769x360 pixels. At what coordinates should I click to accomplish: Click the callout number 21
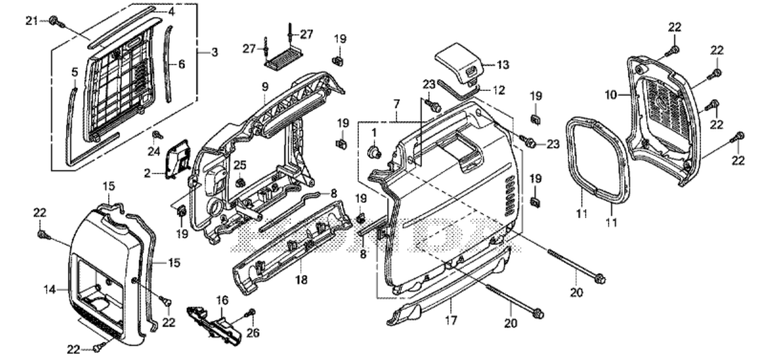(31, 20)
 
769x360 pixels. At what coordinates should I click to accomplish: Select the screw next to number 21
(55, 20)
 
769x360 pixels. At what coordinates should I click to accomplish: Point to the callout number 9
(264, 99)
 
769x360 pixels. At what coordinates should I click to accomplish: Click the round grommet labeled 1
(375, 152)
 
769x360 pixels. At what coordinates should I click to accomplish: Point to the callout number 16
(222, 298)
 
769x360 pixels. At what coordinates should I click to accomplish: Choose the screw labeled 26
(251, 312)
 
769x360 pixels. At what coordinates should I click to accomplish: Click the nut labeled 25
(240, 184)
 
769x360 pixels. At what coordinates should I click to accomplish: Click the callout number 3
(214, 52)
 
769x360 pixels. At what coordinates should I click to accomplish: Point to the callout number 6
(182, 64)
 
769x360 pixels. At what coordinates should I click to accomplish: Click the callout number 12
(499, 90)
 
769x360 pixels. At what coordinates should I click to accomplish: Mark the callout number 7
(396, 103)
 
